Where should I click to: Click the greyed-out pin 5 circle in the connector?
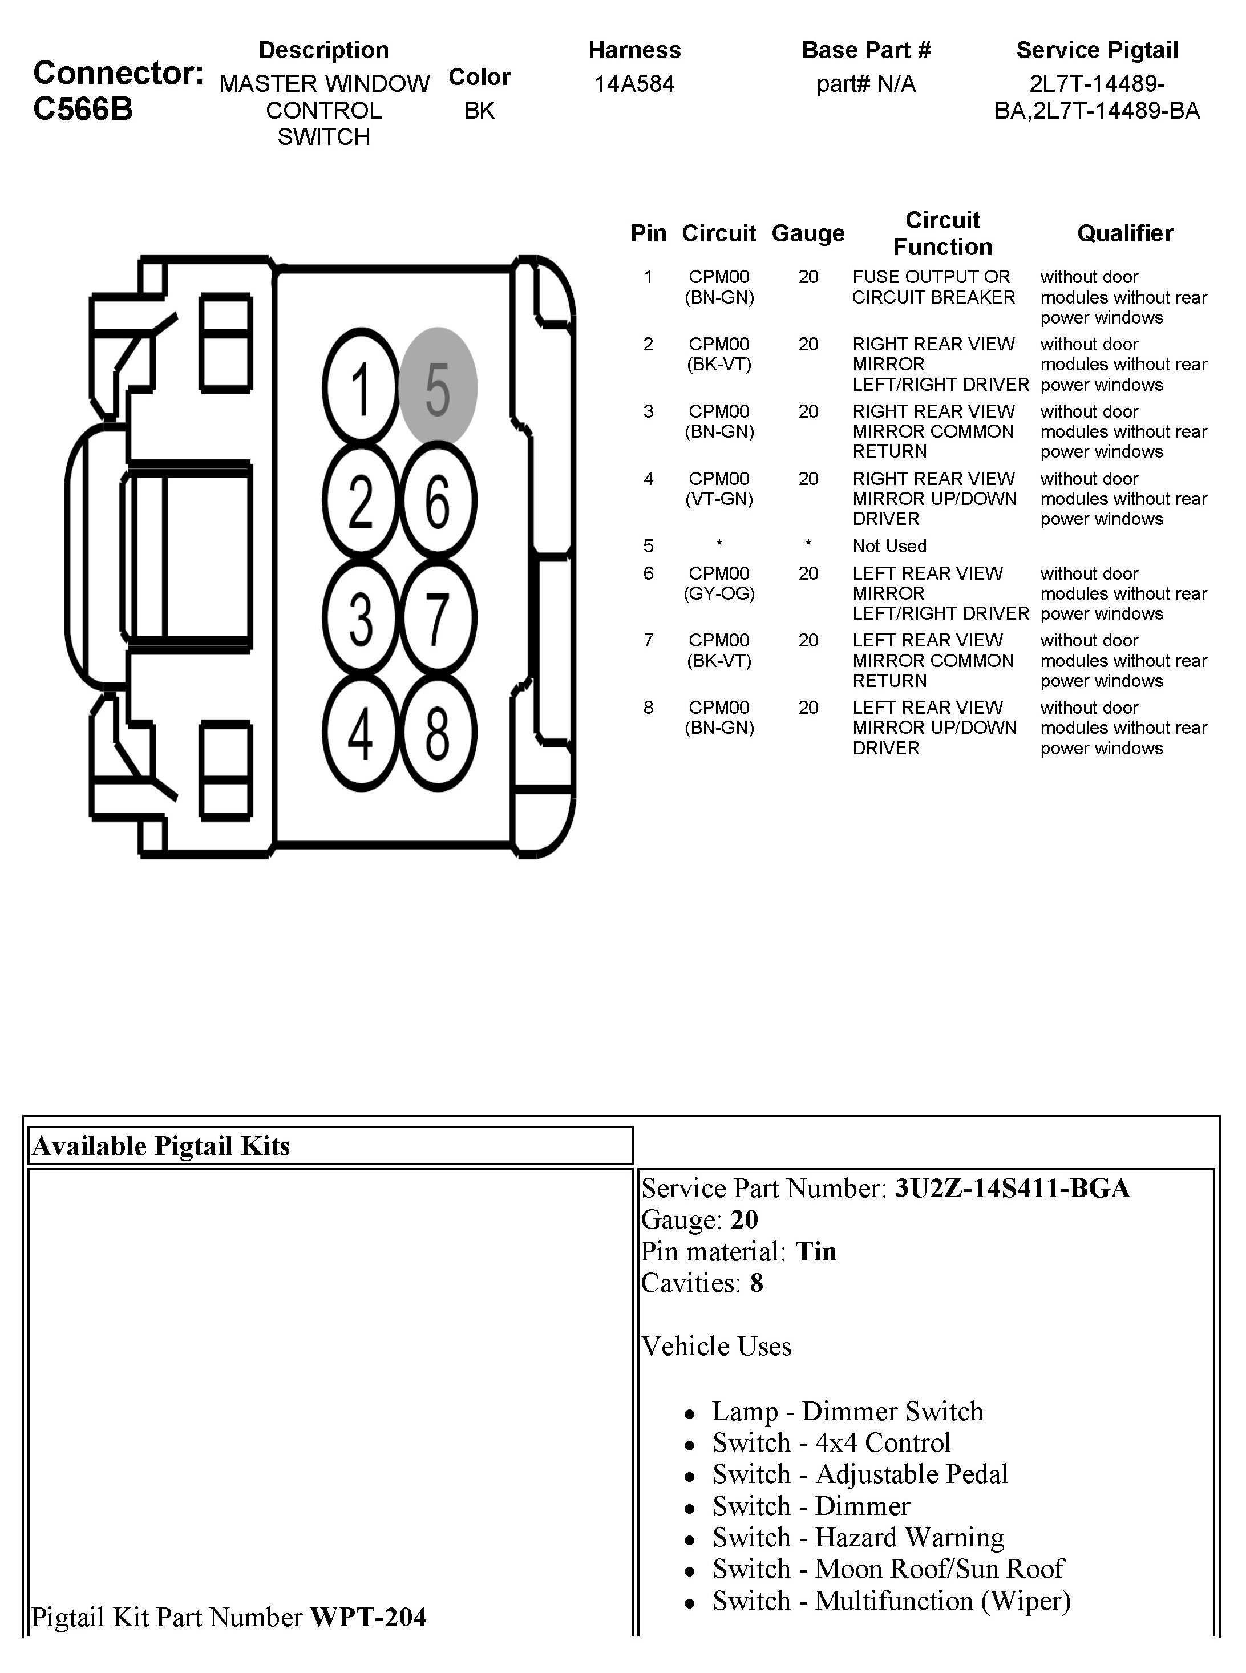[x=438, y=387]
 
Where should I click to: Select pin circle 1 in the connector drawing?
[x=361, y=387]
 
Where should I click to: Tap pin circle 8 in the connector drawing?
[x=438, y=733]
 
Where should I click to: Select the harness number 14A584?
[x=634, y=84]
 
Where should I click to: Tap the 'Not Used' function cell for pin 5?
[x=889, y=546]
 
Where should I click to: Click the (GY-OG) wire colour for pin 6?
[x=719, y=593]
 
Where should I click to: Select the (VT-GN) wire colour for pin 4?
[x=719, y=499]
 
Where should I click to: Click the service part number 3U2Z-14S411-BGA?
[x=1012, y=1188]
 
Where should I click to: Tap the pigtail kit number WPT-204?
[x=368, y=1617]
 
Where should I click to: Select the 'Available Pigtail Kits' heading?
[x=161, y=1146]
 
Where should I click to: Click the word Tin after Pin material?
[x=816, y=1251]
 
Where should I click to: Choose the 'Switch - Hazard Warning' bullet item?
[x=858, y=1537]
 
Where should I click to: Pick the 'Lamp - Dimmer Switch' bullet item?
[x=848, y=1411]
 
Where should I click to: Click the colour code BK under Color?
[x=479, y=111]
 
